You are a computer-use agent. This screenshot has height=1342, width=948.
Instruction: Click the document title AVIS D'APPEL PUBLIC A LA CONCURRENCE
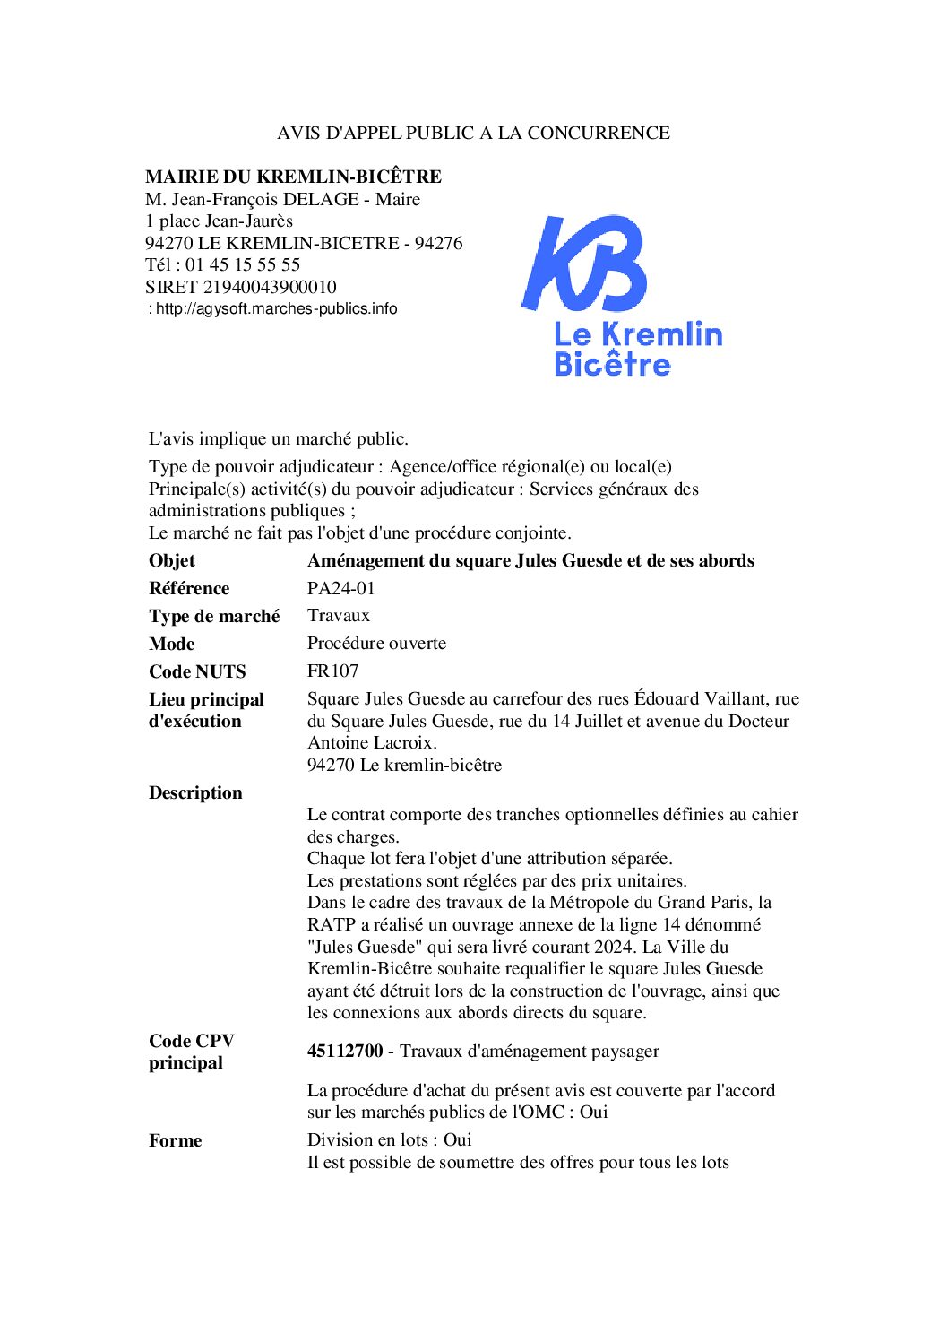[473, 133]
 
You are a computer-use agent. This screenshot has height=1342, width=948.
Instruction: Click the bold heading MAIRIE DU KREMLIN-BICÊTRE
[293, 177]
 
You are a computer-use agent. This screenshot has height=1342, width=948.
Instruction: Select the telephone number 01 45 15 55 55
[243, 264]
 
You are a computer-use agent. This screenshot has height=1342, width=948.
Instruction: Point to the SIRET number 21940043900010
[270, 287]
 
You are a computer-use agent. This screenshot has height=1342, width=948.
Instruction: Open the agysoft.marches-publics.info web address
[276, 308]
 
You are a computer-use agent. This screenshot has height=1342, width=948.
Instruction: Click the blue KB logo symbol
[585, 263]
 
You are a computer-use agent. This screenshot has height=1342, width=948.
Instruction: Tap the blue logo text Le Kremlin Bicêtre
[637, 349]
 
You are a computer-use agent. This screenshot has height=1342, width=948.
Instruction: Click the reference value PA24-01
[340, 588]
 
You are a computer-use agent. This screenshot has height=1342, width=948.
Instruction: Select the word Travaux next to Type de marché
[338, 615]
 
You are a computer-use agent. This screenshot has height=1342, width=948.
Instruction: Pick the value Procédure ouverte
[376, 643]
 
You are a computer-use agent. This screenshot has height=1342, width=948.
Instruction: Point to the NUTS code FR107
[332, 671]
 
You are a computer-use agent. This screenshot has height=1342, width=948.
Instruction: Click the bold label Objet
[172, 560]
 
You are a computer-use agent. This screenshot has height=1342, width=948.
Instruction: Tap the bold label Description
[195, 792]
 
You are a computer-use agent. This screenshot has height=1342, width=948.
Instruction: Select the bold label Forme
[175, 1140]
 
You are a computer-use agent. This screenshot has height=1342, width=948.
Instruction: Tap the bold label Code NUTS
[197, 671]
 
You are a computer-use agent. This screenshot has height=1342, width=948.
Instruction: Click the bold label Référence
[189, 588]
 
